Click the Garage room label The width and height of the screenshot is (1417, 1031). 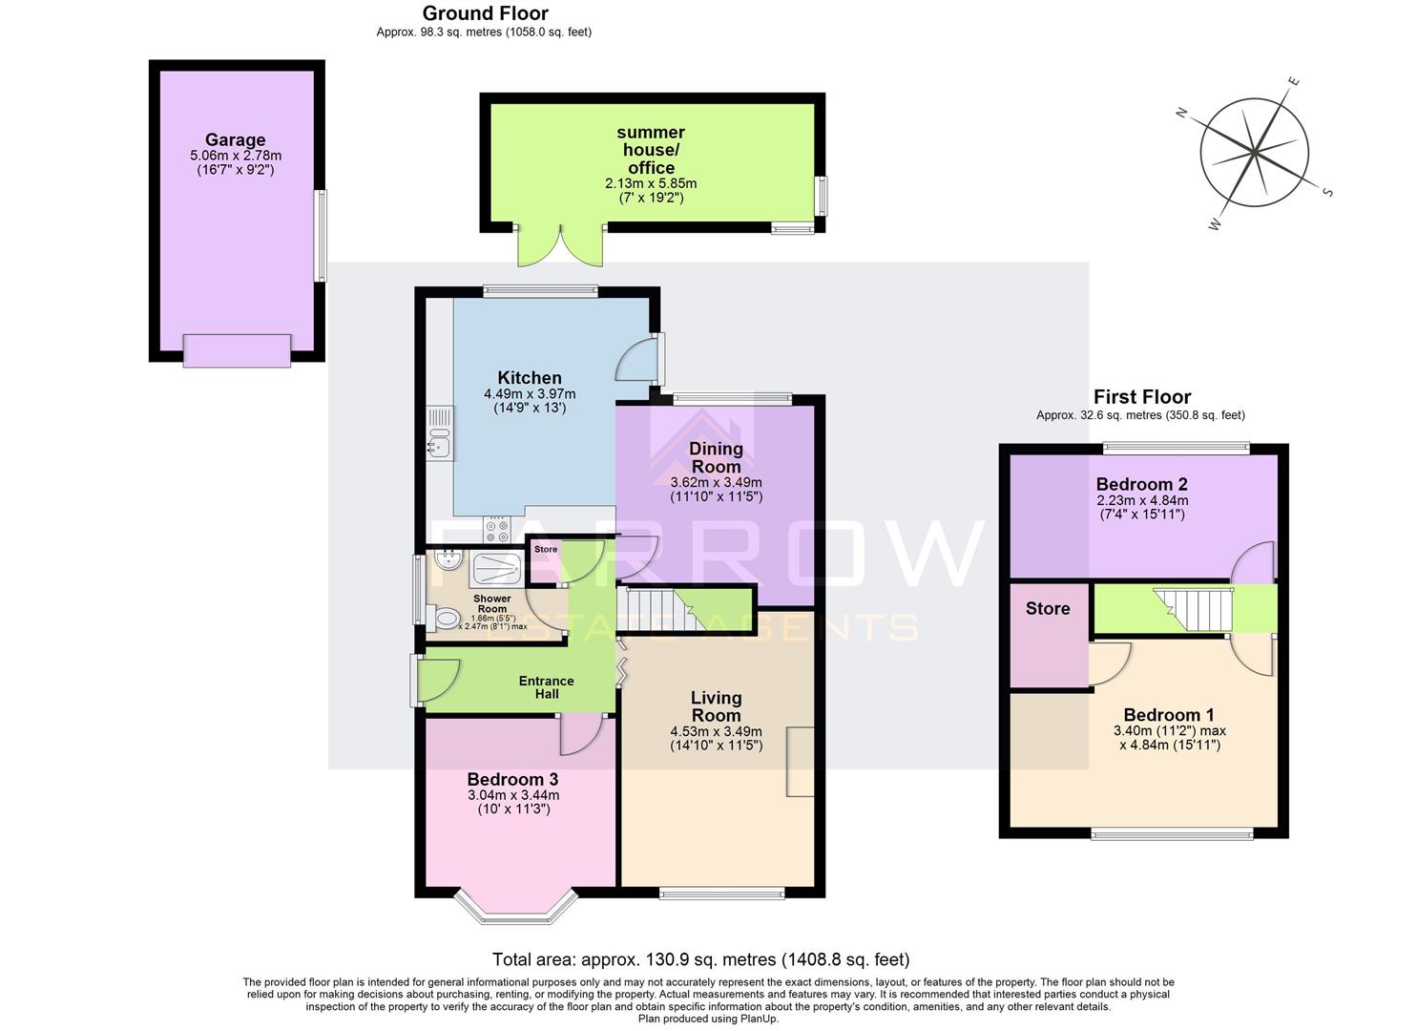(235, 140)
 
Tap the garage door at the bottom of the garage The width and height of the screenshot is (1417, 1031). (237, 350)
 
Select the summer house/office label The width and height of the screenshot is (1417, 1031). (651, 150)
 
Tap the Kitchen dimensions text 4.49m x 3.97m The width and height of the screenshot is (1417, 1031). (530, 393)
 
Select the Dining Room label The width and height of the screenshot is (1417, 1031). (716, 457)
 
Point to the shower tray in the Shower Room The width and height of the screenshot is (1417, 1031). (496, 569)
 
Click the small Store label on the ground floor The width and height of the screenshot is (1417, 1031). (546, 550)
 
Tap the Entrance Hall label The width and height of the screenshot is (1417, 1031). (547, 687)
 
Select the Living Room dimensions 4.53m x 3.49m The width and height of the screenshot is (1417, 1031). (716, 732)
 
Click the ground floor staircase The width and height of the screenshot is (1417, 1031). (658, 609)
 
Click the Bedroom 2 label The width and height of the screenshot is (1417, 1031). (1141, 484)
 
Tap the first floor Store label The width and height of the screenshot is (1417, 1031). (1048, 609)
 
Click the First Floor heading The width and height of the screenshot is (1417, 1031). (1141, 397)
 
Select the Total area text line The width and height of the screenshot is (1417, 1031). (700, 959)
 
